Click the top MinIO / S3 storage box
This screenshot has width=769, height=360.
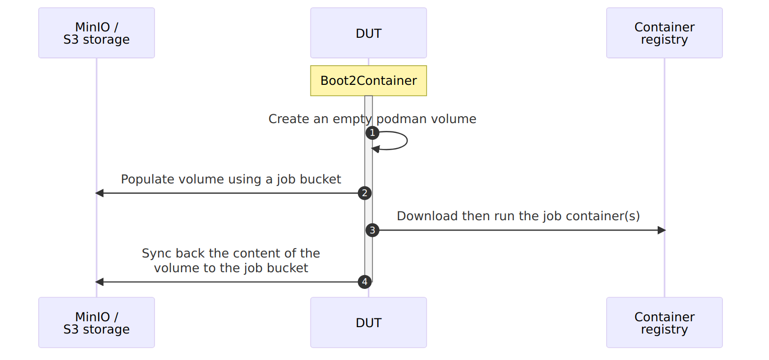pyautogui.click(x=97, y=33)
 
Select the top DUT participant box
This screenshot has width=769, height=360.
pyautogui.click(x=368, y=33)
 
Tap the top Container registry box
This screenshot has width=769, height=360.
pyautogui.click(x=664, y=33)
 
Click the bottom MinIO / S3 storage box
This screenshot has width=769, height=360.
pyautogui.click(x=97, y=323)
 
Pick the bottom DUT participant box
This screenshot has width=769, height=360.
pyautogui.click(x=368, y=323)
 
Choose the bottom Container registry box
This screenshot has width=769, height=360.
pyautogui.click(x=664, y=323)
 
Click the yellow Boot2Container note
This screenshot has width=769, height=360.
pyautogui.click(x=368, y=80)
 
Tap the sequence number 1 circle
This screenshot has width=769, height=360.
pyautogui.click(x=372, y=133)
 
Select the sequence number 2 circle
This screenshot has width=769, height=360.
pyautogui.click(x=364, y=193)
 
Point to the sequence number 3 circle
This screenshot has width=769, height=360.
pyautogui.click(x=372, y=231)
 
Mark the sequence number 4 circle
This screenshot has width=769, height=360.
pyautogui.click(x=364, y=282)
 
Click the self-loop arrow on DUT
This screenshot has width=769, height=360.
pyautogui.click(x=407, y=140)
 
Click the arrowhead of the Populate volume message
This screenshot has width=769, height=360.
pyautogui.click(x=99, y=193)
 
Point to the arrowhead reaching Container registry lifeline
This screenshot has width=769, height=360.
pyautogui.click(x=662, y=231)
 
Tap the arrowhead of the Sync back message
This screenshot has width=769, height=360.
pyautogui.click(x=99, y=282)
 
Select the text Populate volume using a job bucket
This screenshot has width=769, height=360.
pyautogui.click(x=231, y=180)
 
